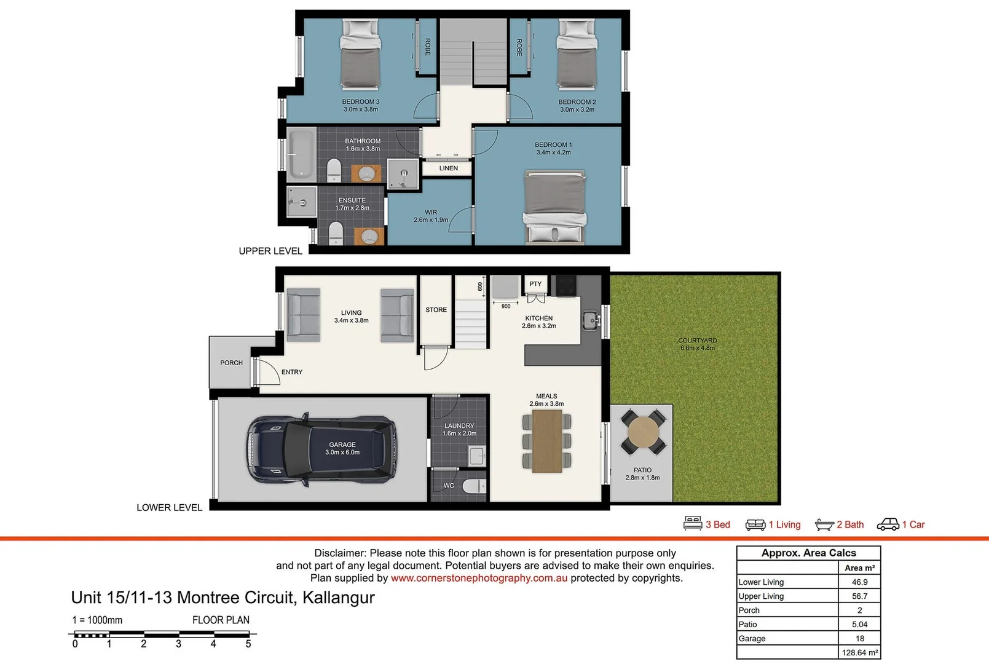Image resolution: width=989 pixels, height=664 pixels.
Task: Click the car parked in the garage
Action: [321, 449]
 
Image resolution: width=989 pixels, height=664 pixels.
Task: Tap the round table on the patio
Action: [643, 432]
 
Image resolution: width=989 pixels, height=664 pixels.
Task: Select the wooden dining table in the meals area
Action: [546, 441]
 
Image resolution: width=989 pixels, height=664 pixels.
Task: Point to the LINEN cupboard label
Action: [448, 168]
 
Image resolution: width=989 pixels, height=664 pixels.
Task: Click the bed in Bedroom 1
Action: [554, 208]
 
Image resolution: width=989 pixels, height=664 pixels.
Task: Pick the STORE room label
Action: [436, 310]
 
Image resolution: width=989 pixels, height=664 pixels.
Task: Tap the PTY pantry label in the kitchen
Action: [535, 284]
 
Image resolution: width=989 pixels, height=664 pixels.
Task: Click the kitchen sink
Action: [590, 320]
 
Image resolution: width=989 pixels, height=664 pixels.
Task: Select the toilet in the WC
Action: [474, 486]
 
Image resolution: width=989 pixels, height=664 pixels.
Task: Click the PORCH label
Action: [231, 363]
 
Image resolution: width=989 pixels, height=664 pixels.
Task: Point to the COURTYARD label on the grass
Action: [697, 340]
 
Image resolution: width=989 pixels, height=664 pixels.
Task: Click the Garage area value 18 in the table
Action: [859, 638]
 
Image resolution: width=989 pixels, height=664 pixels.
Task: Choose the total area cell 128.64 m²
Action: [859, 652]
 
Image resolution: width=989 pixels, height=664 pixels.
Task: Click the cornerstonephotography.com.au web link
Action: [479, 578]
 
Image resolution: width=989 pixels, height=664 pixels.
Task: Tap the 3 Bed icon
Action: [693, 524]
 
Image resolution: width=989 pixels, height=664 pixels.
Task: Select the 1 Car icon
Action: [888, 524]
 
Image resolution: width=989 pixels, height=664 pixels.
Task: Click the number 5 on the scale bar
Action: [248, 644]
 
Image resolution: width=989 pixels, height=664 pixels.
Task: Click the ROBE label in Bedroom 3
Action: [428, 47]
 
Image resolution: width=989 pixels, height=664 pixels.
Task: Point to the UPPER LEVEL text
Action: [270, 251]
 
